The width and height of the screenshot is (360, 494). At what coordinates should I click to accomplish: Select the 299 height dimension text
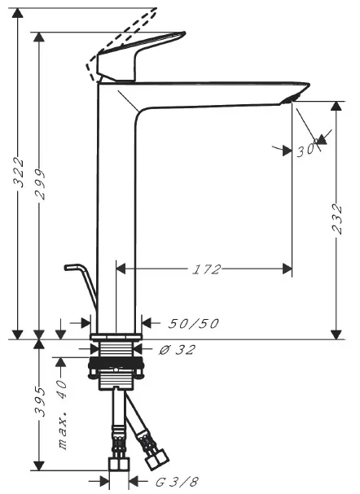[x=41, y=184]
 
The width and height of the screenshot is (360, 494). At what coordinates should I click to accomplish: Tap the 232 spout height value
[x=337, y=219]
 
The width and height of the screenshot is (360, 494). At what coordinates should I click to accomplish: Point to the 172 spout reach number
[x=207, y=269]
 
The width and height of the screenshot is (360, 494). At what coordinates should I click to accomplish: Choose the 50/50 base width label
[x=193, y=324]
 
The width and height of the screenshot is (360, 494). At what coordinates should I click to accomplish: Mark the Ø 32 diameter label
[x=177, y=350]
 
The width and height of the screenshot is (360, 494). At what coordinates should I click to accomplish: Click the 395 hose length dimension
[x=41, y=402]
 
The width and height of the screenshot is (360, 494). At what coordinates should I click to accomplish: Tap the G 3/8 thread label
[x=178, y=482]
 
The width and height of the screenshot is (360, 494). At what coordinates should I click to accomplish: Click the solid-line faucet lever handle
[x=141, y=57]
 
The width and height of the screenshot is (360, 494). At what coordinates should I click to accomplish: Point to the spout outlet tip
[x=288, y=100]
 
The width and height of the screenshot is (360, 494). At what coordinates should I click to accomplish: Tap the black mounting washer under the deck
[x=116, y=363]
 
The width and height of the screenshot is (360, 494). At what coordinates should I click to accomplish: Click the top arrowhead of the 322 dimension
[x=18, y=14]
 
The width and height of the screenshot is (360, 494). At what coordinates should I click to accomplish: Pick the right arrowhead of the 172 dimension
[x=288, y=269]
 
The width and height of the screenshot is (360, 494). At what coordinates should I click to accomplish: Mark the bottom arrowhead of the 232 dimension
[x=336, y=334]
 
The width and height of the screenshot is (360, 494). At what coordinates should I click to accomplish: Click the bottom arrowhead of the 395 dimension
[x=39, y=466]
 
